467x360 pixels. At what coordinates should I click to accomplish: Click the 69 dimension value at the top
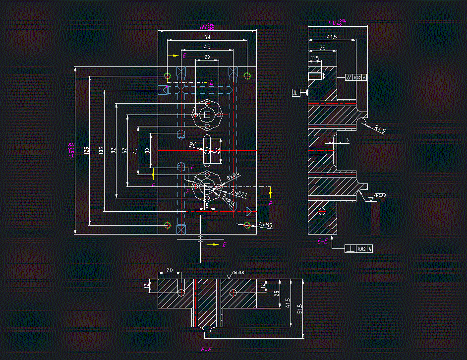pyautogui.click(x=207, y=37)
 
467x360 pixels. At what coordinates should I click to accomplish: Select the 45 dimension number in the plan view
pyautogui.click(x=207, y=47)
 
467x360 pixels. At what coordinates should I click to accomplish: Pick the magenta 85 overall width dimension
pyautogui.click(x=207, y=27)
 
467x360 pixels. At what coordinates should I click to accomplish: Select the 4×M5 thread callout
pyautogui.click(x=266, y=225)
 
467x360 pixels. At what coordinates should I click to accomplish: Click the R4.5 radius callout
pyautogui.click(x=380, y=130)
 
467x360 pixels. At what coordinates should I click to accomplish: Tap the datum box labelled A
pyautogui.click(x=296, y=92)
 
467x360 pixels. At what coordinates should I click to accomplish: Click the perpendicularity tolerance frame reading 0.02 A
pyautogui.click(x=358, y=248)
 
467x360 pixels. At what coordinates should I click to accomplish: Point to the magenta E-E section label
pyautogui.click(x=322, y=241)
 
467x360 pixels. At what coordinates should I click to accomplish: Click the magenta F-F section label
pyautogui.click(x=206, y=350)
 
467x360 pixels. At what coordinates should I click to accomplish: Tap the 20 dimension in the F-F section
pyautogui.click(x=170, y=270)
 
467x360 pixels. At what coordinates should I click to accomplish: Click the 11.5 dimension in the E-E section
pyautogui.click(x=314, y=59)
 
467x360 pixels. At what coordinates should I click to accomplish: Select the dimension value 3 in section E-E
pyautogui.click(x=347, y=141)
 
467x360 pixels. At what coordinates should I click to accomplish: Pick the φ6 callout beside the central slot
pyautogui.click(x=193, y=144)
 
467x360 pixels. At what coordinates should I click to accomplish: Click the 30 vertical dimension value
pyautogui.click(x=147, y=150)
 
